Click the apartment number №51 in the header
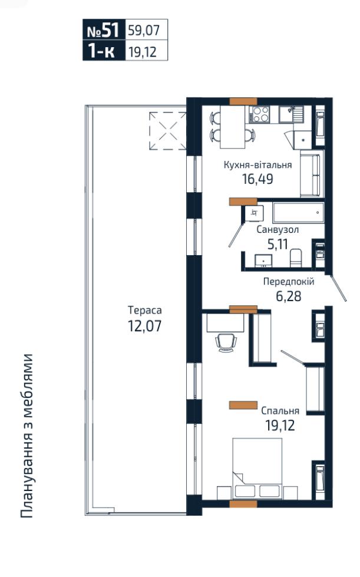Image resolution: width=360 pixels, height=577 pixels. point(103,30)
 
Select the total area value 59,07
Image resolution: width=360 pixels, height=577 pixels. point(144,30)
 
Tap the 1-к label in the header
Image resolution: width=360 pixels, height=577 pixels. point(101,51)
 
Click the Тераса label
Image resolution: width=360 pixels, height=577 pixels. point(145,310)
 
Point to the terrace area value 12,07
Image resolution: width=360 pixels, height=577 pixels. point(144,326)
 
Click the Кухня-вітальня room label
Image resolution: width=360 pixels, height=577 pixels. point(257,165)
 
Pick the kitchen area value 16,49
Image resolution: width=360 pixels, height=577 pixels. point(257,179)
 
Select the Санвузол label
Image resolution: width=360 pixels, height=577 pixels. point(278,230)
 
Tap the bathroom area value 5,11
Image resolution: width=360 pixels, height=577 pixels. point(278,243)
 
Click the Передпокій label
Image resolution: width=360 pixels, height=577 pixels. point(289,282)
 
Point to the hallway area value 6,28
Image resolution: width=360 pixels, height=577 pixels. point(289,296)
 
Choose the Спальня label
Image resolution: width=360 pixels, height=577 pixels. point(280,411)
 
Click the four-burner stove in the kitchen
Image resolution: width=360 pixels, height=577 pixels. point(260,114)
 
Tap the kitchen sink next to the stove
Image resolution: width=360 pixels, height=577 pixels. point(290,114)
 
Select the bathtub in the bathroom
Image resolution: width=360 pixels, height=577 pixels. point(298,213)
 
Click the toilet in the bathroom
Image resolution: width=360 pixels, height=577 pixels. point(296,258)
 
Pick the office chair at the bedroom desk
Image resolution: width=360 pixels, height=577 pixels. point(225,342)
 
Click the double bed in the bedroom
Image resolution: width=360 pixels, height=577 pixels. point(257,468)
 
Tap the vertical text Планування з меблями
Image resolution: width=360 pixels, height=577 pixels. point(27,436)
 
